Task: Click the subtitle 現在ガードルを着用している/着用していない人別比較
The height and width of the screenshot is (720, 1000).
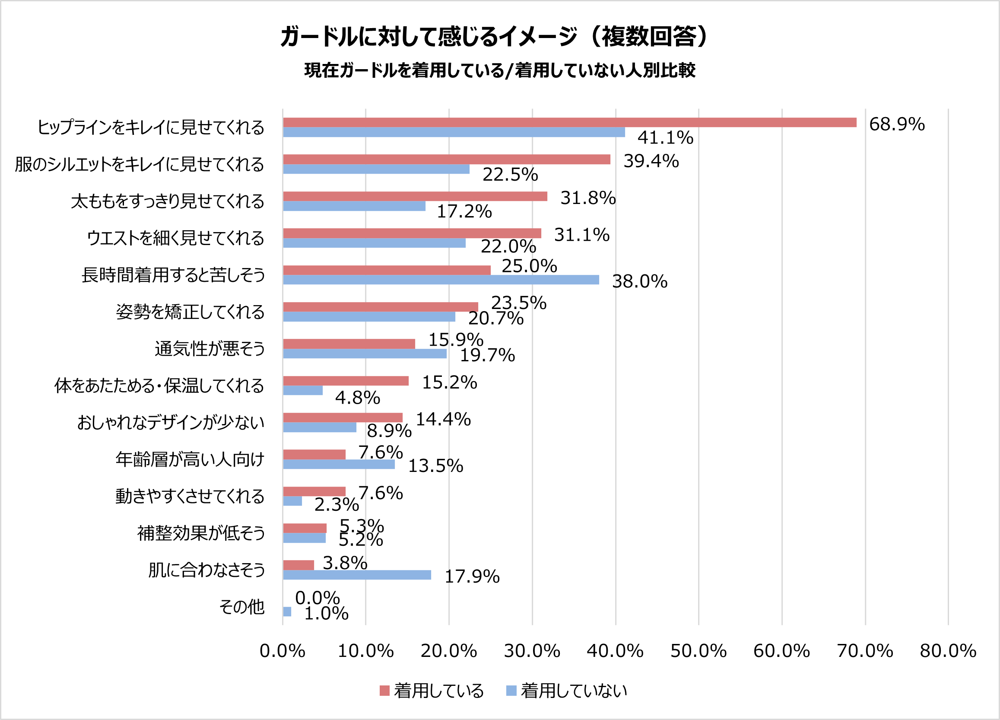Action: pyautogui.click(x=499, y=70)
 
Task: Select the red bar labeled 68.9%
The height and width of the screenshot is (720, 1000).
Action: pyautogui.click(x=569, y=122)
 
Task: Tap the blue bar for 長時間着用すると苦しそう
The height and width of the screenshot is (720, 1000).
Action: pyautogui.click(x=441, y=280)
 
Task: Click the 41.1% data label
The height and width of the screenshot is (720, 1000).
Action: pyautogui.click(x=665, y=137)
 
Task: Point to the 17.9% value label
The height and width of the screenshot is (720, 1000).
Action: pyautogui.click(x=472, y=576)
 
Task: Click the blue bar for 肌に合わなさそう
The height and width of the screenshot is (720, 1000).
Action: pyautogui.click(x=357, y=574)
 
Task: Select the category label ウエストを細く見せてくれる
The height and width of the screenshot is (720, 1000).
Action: pyautogui.click(x=175, y=238)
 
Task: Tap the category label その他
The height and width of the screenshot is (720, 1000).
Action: pyautogui.click(x=241, y=607)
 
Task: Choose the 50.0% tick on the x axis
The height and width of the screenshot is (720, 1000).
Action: pyautogui.click(x=698, y=651)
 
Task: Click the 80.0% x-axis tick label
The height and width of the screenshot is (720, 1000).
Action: pyautogui.click(x=948, y=651)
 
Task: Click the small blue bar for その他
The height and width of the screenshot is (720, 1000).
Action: pyautogui.click(x=287, y=612)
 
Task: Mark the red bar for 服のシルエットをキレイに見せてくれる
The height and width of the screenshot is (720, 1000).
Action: pyautogui.click(x=446, y=159)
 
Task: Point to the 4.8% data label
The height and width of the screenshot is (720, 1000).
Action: pyautogui.click(x=357, y=398)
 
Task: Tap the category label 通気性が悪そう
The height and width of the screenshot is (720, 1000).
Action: pyautogui.click(x=210, y=348)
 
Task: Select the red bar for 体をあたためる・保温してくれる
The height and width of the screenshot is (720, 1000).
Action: pyautogui.click(x=346, y=381)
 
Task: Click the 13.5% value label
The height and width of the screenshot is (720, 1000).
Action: pyautogui.click(x=435, y=466)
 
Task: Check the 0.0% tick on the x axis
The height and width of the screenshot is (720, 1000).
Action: pyautogui.click(x=282, y=651)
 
